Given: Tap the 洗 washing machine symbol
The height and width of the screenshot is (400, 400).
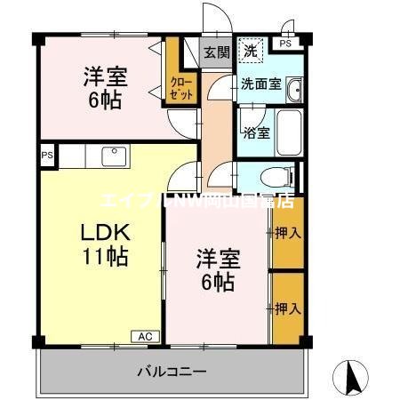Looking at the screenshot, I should coord(252,51).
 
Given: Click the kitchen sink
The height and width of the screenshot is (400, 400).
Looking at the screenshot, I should coord(113,156).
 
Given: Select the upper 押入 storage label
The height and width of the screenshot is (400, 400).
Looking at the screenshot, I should coord(286,234).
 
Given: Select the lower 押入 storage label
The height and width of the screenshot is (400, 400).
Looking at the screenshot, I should coord(286,308).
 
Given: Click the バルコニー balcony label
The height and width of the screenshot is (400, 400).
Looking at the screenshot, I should coord(172,372).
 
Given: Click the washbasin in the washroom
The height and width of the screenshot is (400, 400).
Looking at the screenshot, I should coord(295,88).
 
